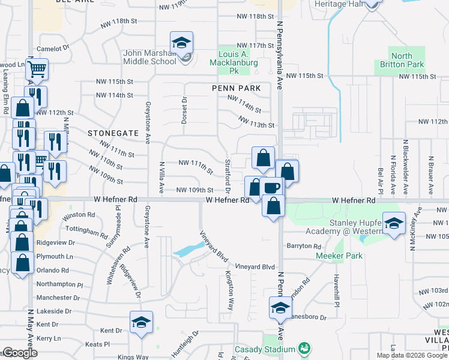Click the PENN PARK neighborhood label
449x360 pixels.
(x=237, y=88)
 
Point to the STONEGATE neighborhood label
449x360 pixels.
(x=113, y=133)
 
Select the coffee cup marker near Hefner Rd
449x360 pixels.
(x=271, y=188)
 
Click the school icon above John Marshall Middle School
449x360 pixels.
(x=181, y=43)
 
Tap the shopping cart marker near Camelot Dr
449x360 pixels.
(x=37, y=69)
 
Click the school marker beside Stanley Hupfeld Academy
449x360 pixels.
(x=393, y=224)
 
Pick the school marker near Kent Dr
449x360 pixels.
(x=141, y=322)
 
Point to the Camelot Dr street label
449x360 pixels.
(x=54, y=48)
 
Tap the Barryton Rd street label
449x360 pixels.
(x=304, y=246)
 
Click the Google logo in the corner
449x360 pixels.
(x=20, y=353)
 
